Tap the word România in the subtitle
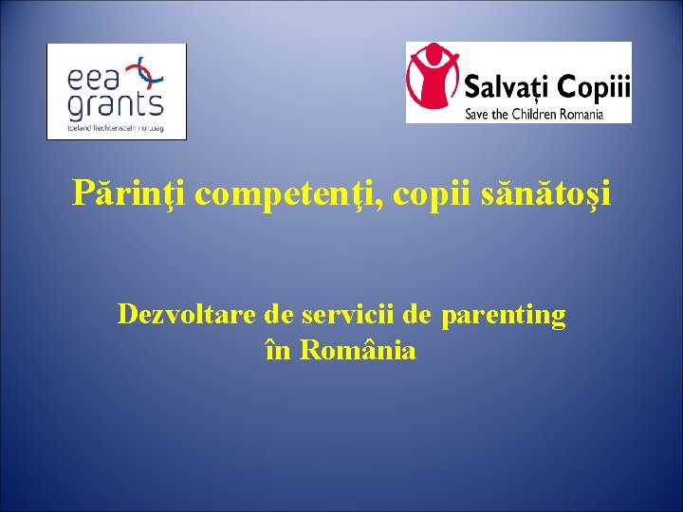[358, 350]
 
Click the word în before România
[279, 350]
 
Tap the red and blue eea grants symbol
[150, 72]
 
